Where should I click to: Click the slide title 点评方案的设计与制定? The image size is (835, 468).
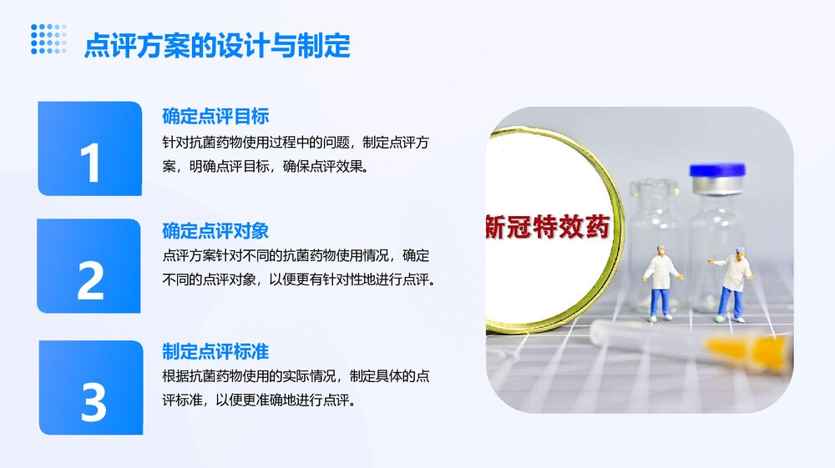[x=216, y=45]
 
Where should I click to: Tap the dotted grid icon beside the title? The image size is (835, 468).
[x=48, y=39]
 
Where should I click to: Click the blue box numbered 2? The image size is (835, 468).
[x=89, y=267]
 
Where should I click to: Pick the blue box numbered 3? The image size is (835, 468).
[x=91, y=388]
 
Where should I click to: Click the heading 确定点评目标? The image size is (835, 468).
[x=215, y=116]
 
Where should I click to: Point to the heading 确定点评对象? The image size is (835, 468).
[x=215, y=230]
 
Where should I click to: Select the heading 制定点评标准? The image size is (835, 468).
[x=215, y=352]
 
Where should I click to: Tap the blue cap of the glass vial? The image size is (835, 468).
[x=716, y=172]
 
